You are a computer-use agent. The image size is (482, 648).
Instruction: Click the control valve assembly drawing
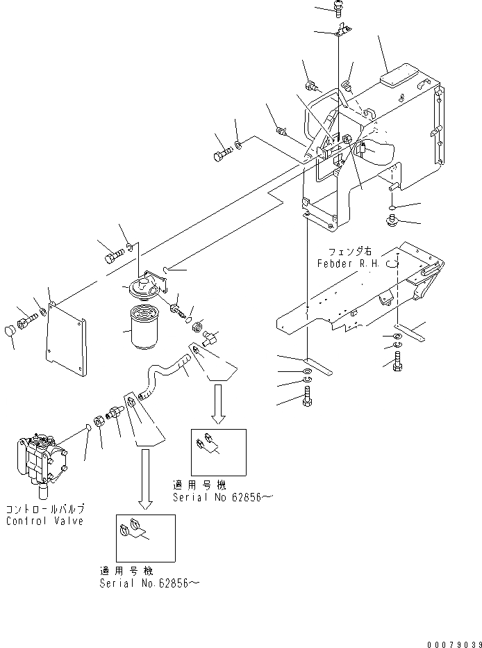[41, 463]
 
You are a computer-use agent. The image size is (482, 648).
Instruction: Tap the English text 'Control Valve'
[44, 521]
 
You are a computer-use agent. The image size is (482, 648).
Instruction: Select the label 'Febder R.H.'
[347, 264]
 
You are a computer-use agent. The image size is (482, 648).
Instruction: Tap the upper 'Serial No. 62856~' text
[218, 497]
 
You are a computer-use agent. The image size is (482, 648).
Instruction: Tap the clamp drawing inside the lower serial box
[137, 529]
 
